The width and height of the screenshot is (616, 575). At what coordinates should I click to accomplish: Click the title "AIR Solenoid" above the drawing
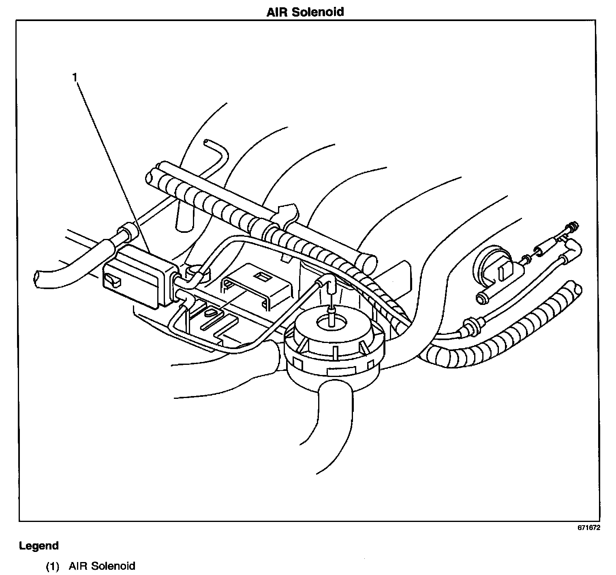[305, 12]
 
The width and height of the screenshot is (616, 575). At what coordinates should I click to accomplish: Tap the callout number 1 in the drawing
[75, 77]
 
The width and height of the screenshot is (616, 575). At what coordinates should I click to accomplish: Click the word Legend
[39, 546]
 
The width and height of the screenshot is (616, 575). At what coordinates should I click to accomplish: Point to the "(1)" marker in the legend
[52, 566]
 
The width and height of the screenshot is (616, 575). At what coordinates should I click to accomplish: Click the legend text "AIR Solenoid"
[102, 566]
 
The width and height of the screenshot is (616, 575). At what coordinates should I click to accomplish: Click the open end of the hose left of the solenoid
[37, 279]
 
